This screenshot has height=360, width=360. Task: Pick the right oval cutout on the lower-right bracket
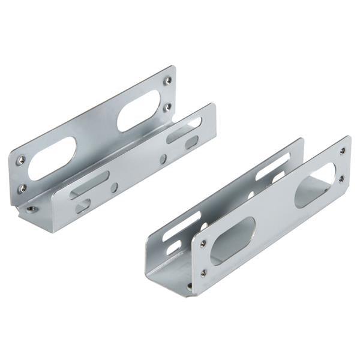point(315,185)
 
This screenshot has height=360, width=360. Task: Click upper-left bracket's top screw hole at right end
point(168,80)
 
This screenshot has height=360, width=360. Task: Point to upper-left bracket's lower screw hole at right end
point(167,107)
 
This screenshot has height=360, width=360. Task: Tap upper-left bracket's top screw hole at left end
point(21,160)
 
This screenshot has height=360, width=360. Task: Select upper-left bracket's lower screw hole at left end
point(22,187)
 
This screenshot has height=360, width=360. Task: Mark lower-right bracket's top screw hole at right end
point(342,151)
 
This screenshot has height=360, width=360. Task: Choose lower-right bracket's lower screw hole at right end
point(341,178)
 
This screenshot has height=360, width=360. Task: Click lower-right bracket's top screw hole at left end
point(203,244)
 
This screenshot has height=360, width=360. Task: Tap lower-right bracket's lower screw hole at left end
point(203,272)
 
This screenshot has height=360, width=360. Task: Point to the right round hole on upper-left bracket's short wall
point(163,159)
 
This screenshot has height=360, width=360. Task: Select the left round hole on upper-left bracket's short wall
point(114,187)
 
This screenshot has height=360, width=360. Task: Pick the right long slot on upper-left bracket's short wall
point(183,130)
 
